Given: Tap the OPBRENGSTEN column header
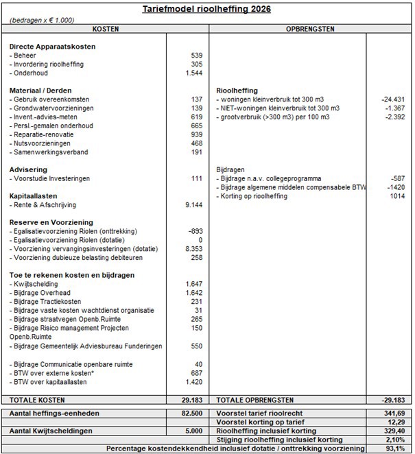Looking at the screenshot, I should (x=310, y=30).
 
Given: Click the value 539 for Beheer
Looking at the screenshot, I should (x=195, y=55).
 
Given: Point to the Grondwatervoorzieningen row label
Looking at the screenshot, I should (x=55, y=108).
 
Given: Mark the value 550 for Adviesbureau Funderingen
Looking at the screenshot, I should (x=195, y=346).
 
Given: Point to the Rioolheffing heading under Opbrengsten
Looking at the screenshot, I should (x=237, y=91).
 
